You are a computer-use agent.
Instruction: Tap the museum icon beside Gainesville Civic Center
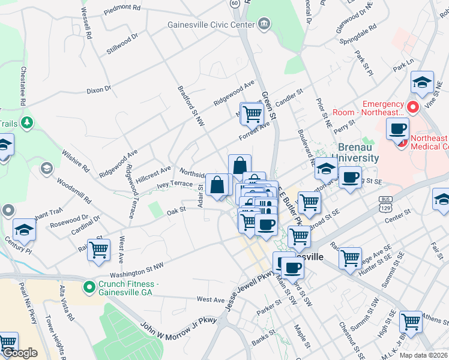point(263,24)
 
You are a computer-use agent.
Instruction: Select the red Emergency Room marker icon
point(412,107)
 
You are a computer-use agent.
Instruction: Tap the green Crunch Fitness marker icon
point(89,287)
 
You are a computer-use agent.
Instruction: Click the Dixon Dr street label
point(99,90)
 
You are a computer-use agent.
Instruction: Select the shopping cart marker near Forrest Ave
point(252,112)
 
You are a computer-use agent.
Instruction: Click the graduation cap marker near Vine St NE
point(422,82)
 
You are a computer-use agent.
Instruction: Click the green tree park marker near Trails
point(26,123)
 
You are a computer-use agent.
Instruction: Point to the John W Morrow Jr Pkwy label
point(178,326)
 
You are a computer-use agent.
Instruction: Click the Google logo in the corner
point(19,353)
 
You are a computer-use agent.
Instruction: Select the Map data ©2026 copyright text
point(423,355)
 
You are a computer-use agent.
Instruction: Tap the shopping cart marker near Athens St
point(411,322)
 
